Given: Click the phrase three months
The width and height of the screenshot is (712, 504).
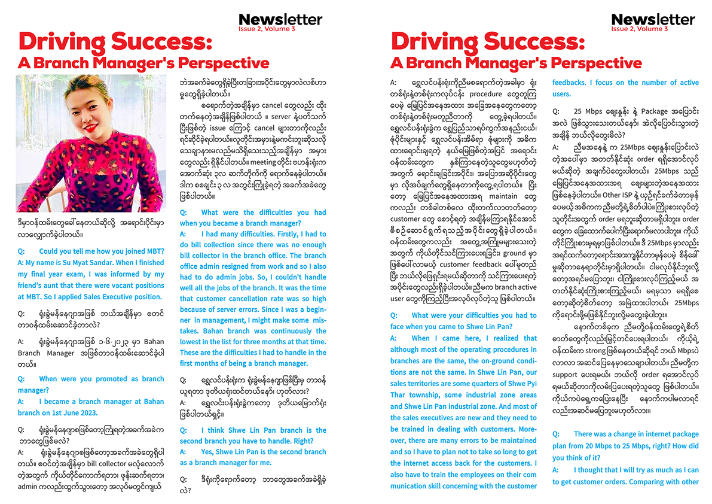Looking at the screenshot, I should click(x=268, y=342).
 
